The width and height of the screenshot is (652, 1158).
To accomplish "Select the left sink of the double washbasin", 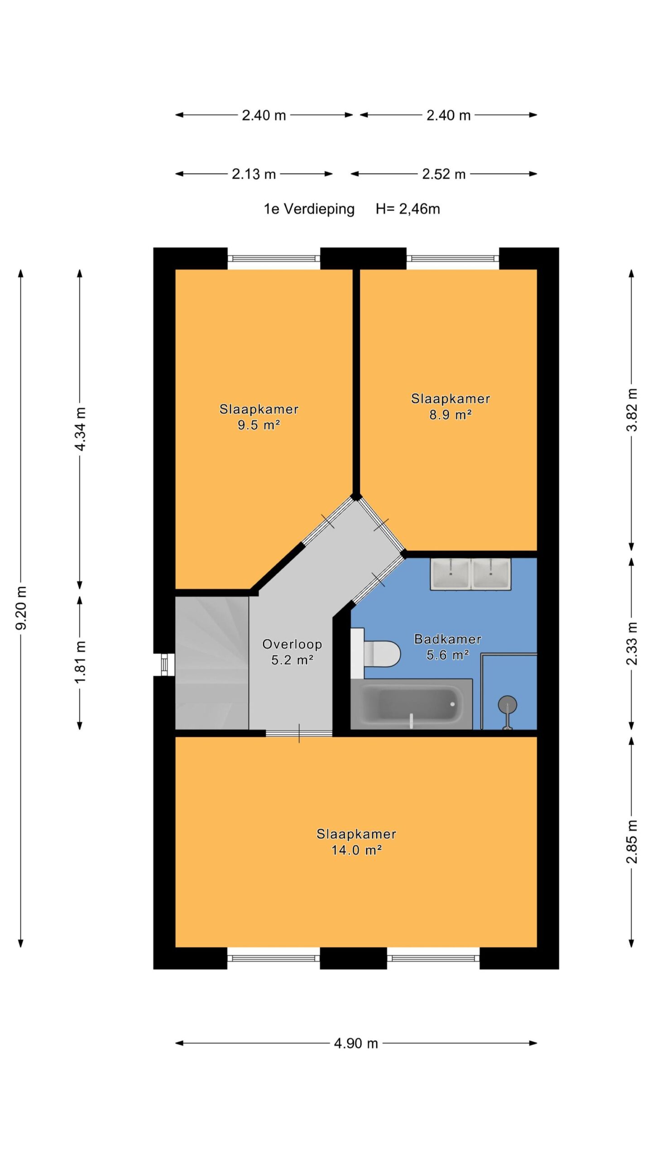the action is pos(451,574).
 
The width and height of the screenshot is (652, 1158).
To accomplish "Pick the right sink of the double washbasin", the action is pos(491,574).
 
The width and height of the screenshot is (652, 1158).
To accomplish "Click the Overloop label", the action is pos(292,644).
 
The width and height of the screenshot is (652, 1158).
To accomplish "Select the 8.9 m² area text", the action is pos(451,414).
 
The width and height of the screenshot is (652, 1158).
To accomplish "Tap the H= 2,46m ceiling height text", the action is pos(407,209).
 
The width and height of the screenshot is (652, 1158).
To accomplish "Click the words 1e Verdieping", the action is pos(309,209).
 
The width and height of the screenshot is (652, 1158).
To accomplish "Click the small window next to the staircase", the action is pos(164,664).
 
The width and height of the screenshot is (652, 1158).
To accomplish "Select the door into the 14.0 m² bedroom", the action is pos(299,733).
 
